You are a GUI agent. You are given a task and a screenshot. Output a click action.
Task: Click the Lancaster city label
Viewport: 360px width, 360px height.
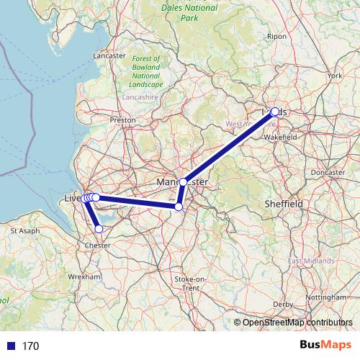(110, 55)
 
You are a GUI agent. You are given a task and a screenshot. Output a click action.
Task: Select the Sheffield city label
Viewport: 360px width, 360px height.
(284, 204)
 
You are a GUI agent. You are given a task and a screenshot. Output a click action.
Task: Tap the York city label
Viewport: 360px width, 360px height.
(334, 75)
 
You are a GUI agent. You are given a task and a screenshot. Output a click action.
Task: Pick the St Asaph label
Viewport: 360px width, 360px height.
(24, 231)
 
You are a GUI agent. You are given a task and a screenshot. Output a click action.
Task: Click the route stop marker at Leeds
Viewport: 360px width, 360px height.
(274, 112)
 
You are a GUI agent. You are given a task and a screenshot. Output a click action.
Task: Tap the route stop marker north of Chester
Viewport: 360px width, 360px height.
(99, 229)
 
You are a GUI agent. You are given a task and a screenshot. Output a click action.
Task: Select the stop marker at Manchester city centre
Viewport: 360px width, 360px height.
(184, 182)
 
